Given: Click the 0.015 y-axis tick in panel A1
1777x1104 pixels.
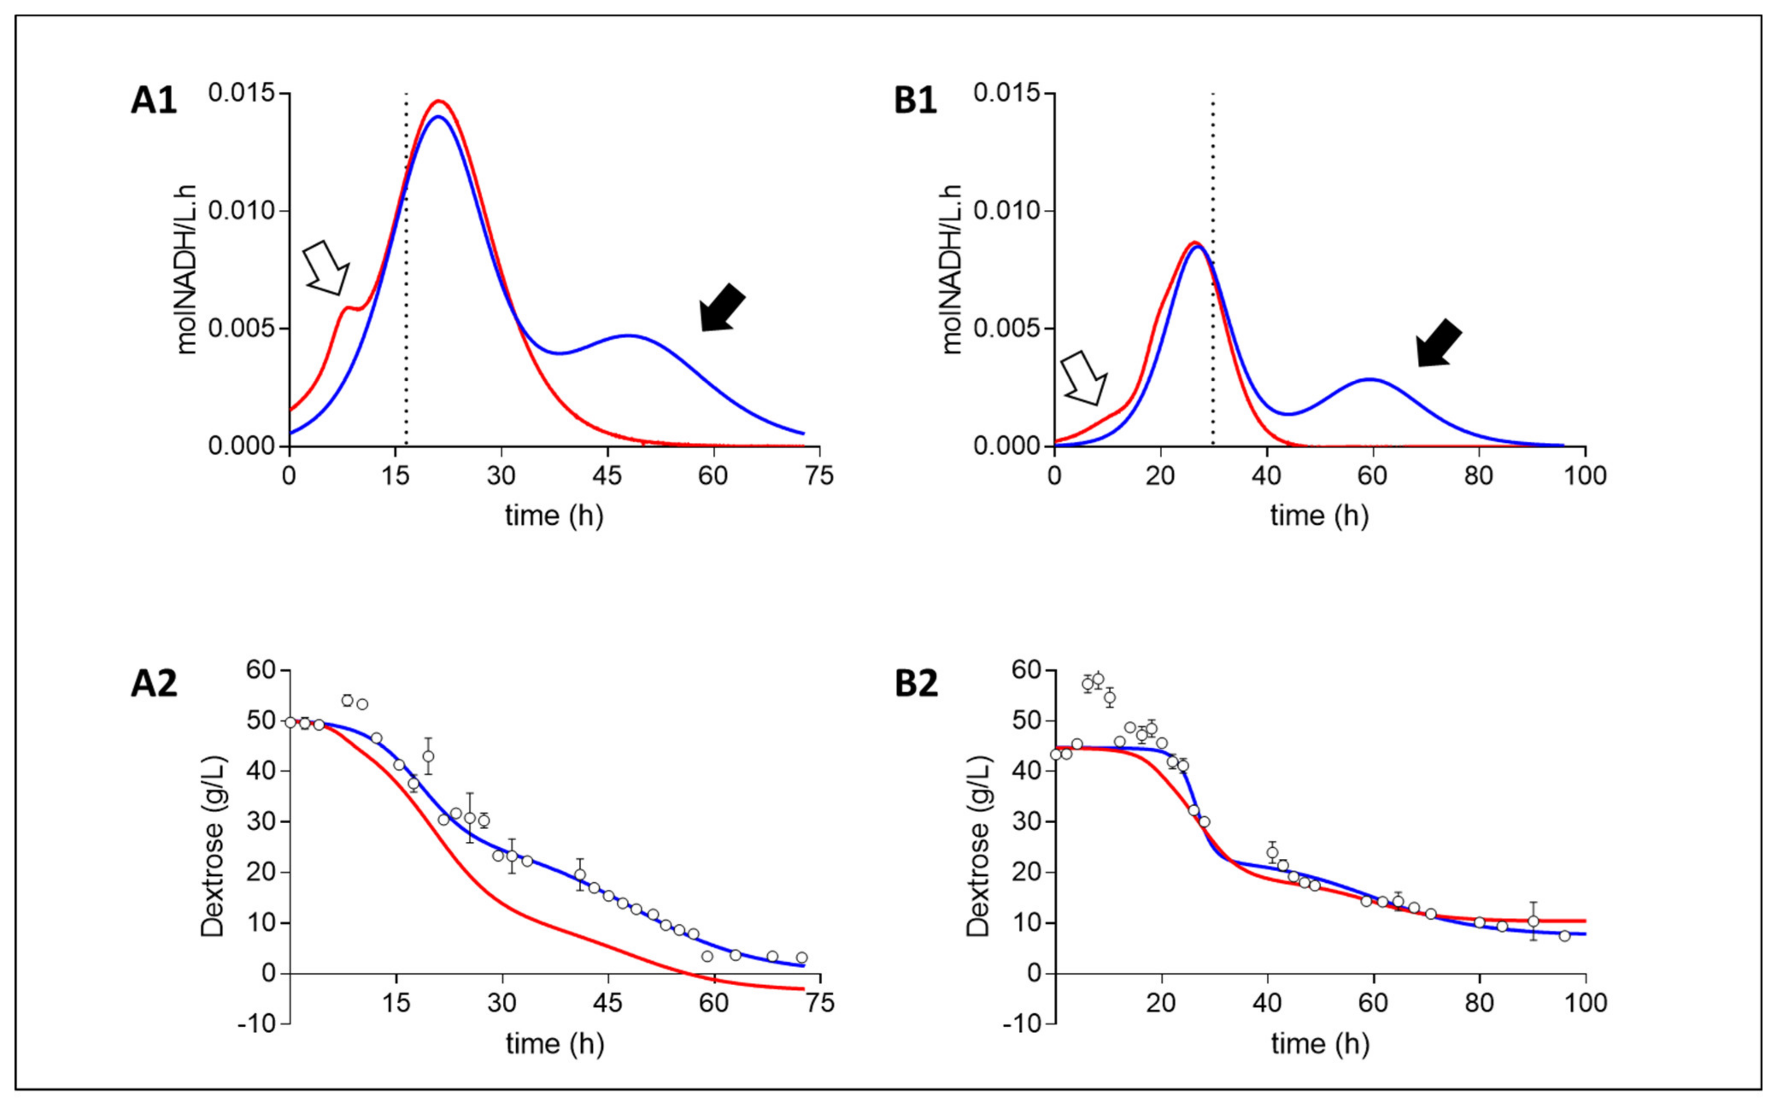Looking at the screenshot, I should (246, 94).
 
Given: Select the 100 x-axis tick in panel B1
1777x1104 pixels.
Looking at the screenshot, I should (1584, 476).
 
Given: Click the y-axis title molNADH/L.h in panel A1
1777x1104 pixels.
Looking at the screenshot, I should (187, 270).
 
